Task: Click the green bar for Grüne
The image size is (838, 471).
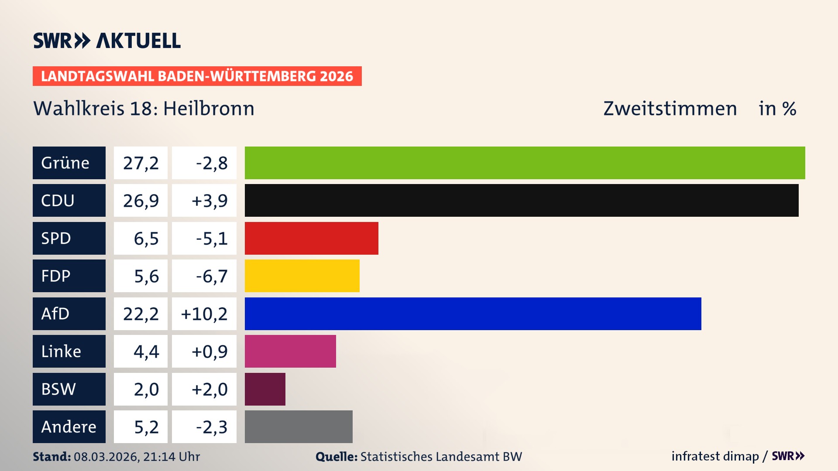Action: (525, 163)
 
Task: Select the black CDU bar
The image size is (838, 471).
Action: (522, 200)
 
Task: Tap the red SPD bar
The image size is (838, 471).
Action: (311, 238)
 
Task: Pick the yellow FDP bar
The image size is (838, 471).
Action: (302, 276)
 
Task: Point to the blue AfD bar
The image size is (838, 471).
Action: (473, 314)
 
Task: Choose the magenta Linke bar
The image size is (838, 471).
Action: (290, 351)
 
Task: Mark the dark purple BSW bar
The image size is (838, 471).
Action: (265, 389)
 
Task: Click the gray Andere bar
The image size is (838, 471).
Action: (299, 427)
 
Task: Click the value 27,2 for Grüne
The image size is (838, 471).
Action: (141, 163)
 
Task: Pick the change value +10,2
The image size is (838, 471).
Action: (204, 314)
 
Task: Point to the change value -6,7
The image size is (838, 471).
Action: (211, 276)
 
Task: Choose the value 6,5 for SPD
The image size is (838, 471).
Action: (146, 239)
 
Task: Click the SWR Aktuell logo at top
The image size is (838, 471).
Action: (106, 41)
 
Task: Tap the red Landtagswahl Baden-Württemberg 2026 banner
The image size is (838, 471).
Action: (197, 76)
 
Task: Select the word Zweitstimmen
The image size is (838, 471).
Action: (670, 109)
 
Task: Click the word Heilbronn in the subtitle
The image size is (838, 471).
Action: (209, 109)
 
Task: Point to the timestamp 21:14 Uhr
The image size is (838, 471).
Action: (171, 457)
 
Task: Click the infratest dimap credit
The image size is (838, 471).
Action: (715, 456)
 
